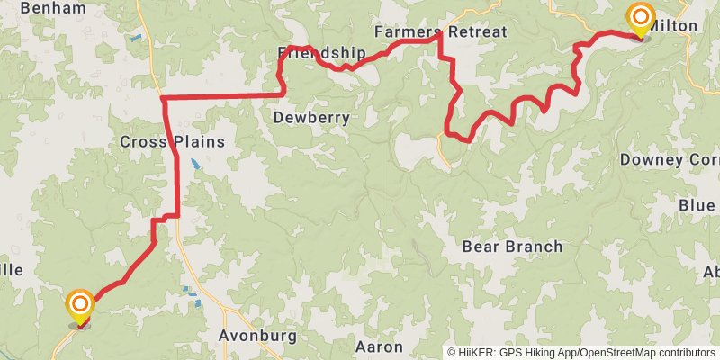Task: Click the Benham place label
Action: (x=52, y=8)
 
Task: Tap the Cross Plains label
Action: (x=172, y=142)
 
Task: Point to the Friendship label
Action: (x=321, y=53)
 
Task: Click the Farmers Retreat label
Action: (x=440, y=31)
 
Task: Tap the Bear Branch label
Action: (x=512, y=246)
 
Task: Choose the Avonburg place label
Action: (x=257, y=336)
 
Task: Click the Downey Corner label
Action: (x=670, y=159)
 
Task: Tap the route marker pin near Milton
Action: (x=641, y=20)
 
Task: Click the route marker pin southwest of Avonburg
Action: (x=80, y=306)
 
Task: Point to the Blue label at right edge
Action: (x=697, y=206)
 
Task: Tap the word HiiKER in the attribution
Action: (x=475, y=353)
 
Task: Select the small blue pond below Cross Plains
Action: (x=195, y=166)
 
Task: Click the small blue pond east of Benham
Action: (x=135, y=39)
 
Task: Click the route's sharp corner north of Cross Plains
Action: (x=163, y=97)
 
